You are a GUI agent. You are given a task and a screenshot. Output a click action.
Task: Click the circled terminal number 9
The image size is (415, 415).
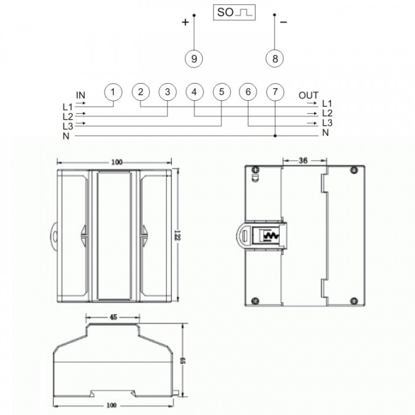point(194,59)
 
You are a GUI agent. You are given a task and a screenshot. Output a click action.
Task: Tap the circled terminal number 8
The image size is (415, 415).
point(274,59)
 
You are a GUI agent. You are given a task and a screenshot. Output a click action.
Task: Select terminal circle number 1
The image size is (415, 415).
point(113,92)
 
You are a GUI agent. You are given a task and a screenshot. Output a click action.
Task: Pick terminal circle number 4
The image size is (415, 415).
point(194,92)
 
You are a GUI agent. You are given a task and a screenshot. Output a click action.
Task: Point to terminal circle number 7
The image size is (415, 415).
point(275,92)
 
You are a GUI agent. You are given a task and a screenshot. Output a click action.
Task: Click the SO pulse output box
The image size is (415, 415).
point(234,12)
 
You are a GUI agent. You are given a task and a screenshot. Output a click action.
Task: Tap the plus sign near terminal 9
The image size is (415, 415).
point(185,23)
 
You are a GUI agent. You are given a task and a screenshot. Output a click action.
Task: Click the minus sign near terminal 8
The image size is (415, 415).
point(283,23)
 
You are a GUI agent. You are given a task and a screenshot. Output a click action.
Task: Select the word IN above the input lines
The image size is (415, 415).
point(81,95)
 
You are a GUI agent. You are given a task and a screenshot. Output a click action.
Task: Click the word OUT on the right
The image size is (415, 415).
point(308,95)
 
